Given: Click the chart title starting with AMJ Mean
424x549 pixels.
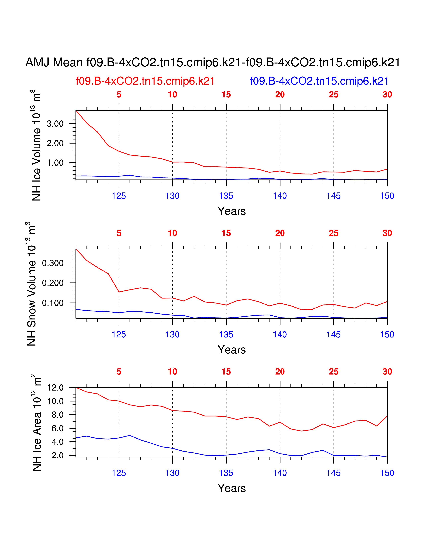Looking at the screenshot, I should pyautogui.click(x=212, y=62).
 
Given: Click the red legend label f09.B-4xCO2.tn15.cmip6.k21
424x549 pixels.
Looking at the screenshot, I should pyautogui.click(x=145, y=81).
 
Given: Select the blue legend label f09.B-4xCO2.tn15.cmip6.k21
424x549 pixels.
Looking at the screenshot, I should pyautogui.click(x=319, y=81).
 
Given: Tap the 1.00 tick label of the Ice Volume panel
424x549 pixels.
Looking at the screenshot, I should pyautogui.click(x=55, y=163).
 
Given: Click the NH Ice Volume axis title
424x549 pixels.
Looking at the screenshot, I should pyautogui.click(x=36, y=145).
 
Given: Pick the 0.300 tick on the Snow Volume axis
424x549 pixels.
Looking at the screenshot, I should pyautogui.click(x=53, y=263).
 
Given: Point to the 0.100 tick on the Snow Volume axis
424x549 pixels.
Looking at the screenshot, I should pyautogui.click(x=53, y=303).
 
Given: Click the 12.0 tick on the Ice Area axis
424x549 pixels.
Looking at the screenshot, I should pyautogui.click(x=56, y=388).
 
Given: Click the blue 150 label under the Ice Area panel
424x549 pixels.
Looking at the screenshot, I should pyautogui.click(x=387, y=473).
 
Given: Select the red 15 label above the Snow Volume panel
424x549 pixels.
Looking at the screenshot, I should pyautogui.click(x=226, y=233).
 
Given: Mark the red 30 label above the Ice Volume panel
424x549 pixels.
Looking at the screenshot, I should pyautogui.click(x=387, y=95).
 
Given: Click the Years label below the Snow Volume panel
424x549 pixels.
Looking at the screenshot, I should pyautogui.click(x=232, y=350).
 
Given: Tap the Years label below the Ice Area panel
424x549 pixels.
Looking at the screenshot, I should pyautogui.click(x=232, y=488).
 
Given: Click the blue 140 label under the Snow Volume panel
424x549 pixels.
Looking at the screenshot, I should pyautogui.click(x=280, y=335).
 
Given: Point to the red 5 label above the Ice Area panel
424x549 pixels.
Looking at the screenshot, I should pyautogui.click(x=119, y=372).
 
